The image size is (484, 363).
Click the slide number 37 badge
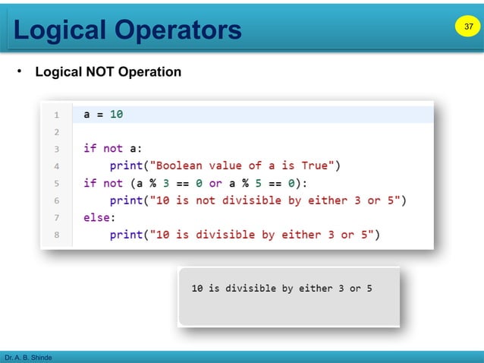[x=467, y=28]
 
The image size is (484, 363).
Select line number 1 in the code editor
[x=56, y=115]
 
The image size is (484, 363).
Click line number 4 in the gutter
[x=56, y=166]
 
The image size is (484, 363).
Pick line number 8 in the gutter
[x=56, y=235]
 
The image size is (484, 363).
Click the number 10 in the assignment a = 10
[x=116, y=115]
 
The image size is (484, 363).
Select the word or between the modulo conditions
[x=215, y=183]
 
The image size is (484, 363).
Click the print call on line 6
[x=126, y=200]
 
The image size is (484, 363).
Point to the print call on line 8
[x=126, y=235]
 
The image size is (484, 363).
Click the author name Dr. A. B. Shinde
[x=29, y=357]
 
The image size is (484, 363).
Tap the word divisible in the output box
[x=248, y=289]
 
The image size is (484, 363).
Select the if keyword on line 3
[x=90, y=149]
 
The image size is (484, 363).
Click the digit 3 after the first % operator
[x=165, y=183]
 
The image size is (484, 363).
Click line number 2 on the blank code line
[x=56, y=132]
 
